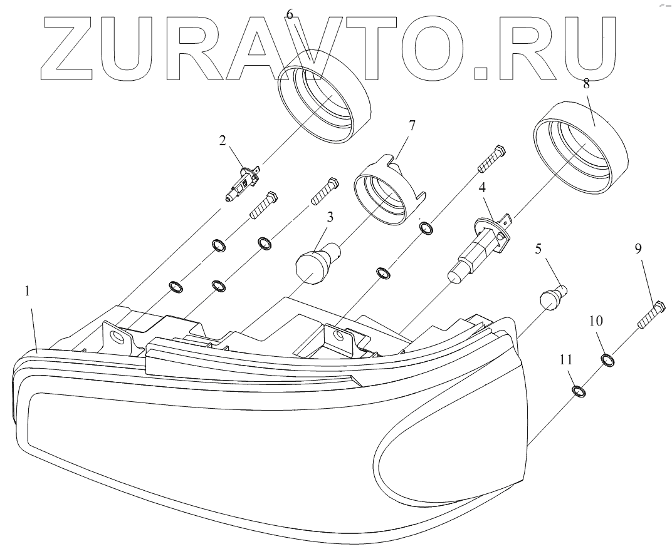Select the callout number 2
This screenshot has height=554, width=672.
[x=223, y=141]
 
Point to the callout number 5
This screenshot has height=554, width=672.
[x=538, y=249]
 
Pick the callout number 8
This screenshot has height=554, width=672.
[x=586, y=84]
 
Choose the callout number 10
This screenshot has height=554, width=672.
[x=596, y=321]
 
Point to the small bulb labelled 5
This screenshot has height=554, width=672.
[x=554, y=295]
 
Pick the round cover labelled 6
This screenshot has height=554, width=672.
[x=325, y=103]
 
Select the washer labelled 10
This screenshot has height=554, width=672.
[x=607, y=360]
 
